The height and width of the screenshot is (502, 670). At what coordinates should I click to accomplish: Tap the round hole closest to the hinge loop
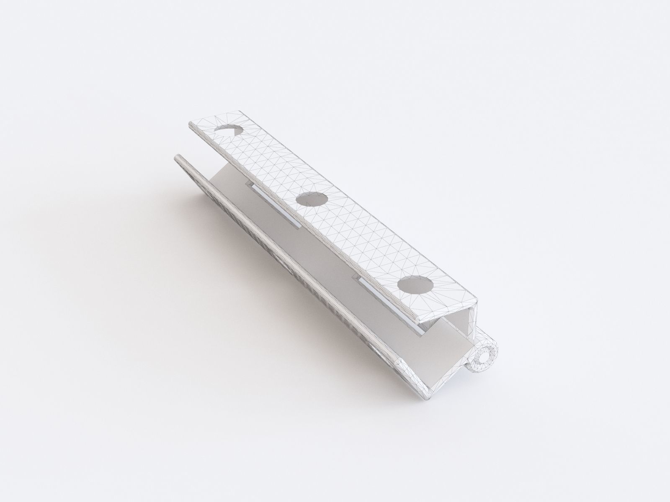pyautogui.click(x=415, y=287)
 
